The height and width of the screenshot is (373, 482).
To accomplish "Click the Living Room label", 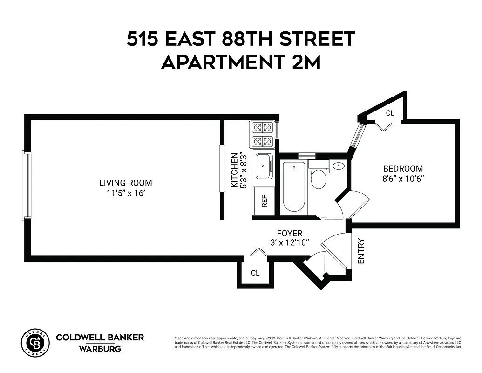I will pos(125,183).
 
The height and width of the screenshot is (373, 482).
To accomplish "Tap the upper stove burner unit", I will pos(262,128).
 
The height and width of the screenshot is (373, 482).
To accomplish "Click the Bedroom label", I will pos(403,169).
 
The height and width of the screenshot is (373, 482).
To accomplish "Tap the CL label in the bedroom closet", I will pos(390,113).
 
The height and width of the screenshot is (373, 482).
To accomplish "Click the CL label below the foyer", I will pos(255,273).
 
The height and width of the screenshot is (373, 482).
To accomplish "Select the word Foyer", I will pos(289,233).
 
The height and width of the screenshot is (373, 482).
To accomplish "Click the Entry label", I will pos(361,251).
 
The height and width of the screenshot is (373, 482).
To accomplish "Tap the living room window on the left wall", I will pos(27,185).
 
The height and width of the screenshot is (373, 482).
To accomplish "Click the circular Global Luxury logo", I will pos(35,343).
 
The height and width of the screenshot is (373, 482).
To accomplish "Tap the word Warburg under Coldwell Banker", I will pos(100,349).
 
